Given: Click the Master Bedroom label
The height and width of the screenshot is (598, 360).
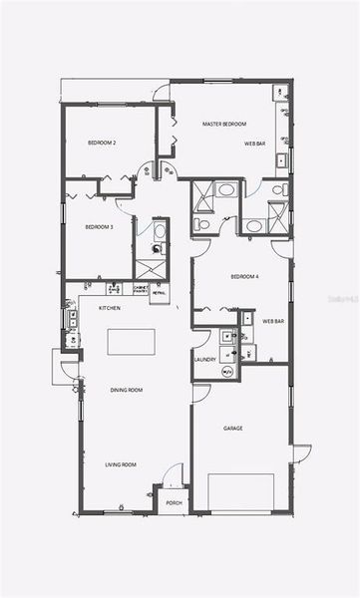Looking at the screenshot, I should tap(224, 125).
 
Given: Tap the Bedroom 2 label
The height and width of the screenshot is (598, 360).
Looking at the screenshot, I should tap(102, 144).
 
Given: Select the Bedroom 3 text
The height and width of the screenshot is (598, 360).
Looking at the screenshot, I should tap(99, 227).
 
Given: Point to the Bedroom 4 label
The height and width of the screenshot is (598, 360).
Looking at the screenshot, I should tap(244, 276).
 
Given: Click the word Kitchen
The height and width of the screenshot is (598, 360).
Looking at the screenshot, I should tap(110, 308).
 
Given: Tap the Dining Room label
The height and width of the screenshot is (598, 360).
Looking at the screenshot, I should tap(127, 390).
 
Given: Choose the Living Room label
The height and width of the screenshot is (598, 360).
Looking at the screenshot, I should tap(121, 464).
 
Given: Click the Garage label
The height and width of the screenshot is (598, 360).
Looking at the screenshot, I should tap(232, 429).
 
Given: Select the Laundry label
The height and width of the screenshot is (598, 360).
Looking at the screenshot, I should tap(205, 360).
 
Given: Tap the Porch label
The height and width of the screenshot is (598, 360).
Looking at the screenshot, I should tap(174, 503).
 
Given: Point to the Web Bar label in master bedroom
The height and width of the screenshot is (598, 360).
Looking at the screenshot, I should tap(255, 145).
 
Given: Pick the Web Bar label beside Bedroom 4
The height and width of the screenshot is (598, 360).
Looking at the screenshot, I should tap(273, 322).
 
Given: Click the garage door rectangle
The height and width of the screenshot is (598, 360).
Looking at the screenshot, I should tap(240, 492).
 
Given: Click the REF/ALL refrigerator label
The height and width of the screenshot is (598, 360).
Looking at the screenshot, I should tap(159, 293).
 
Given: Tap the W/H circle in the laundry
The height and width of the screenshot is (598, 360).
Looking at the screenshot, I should tap(227, 372).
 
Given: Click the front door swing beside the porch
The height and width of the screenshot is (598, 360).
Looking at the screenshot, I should tap(175, 474).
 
